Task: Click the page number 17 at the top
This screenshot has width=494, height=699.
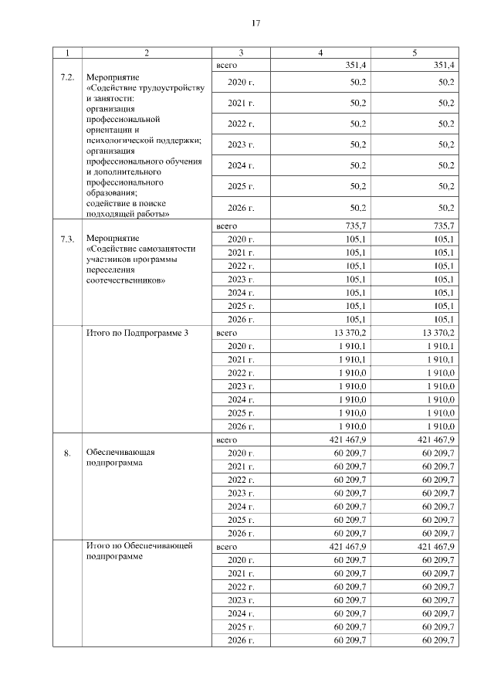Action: [255, 23]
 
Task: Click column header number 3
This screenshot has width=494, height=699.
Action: [241, 53]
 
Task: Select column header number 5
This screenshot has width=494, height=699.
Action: [414, 53]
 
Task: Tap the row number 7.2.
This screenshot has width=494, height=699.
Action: [67, 79]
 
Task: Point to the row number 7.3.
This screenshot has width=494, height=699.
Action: [67, 239]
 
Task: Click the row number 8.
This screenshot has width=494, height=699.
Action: [67, 453]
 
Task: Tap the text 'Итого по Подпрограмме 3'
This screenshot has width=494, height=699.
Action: [136, 332]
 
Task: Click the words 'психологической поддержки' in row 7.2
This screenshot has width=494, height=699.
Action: [144, 141]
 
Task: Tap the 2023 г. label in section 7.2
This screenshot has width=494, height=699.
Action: [242, 144]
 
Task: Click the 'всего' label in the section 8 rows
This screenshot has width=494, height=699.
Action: [226, 439]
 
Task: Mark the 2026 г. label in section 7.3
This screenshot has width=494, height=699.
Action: [242, 320]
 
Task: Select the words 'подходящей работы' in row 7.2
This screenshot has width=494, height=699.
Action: [127, 214]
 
